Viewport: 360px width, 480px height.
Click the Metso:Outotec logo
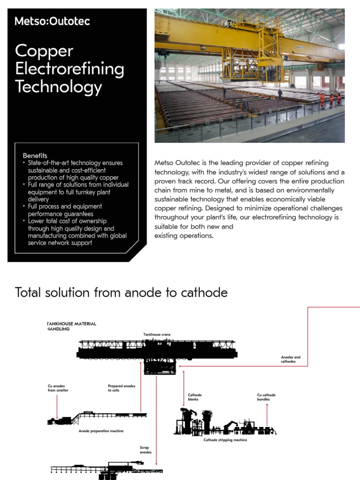(x=52, y=21)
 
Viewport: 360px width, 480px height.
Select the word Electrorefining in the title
(x=69, y=69)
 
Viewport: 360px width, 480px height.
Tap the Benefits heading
(x=35, y=155)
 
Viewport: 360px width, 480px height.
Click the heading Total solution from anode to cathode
(x=121, y=292)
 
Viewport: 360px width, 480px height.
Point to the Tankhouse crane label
(x=157, y=335)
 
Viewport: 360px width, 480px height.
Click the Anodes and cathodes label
(x=291, y=359)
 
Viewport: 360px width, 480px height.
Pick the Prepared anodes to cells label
(x=121, y=388)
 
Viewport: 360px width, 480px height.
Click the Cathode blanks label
(x=195, y=397)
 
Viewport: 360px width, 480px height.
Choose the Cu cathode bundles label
(x=266, y=397)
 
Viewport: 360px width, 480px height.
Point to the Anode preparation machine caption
(x=101, y=431)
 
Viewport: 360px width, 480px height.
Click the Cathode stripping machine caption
(x=225, y=440)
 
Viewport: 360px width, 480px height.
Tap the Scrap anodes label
(x=145, y=450)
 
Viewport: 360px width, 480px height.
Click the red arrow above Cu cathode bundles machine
(x=267, y=413)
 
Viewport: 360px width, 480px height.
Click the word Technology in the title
(x=58, y=87)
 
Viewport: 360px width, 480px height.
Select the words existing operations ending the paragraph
(x=184, y=235)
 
